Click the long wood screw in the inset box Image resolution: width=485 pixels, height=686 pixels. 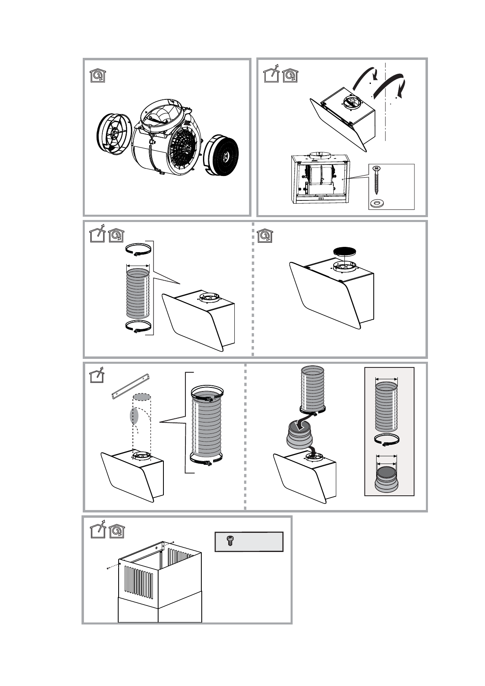(x=376, y=181)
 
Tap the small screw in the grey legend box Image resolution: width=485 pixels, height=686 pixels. (x=229, y=541)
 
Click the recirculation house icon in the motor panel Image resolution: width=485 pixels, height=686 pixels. (x=97, y=76)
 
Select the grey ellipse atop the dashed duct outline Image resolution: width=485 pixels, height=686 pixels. (x=142, y=397)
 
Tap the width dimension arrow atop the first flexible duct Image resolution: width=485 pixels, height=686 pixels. (x=138, y=266)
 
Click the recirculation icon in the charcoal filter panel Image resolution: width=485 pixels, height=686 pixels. (x=265, y=235)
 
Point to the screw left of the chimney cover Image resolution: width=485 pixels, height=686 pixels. (x=107, y=567)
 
